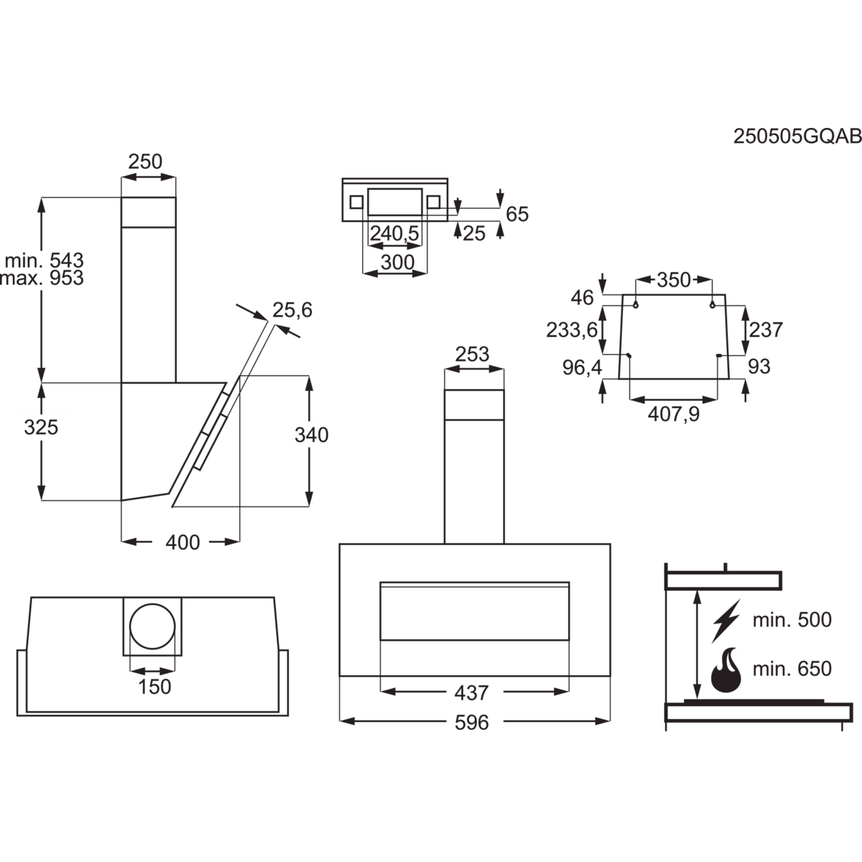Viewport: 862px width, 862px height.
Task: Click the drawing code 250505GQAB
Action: click(x=797, y=136)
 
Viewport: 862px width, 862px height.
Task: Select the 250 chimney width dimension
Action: click(x=145, y=162)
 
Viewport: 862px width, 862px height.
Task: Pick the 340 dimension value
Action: click(x=311, y=435)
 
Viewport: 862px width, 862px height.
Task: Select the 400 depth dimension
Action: click(x=182, y=542)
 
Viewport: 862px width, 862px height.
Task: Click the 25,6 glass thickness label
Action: click(x=292, y=310)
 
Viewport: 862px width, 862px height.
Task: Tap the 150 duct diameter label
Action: click(x=154, y=687)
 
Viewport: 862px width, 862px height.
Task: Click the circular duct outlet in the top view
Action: click(x=153, y=626)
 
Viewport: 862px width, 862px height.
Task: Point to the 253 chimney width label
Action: click(x=472, y=354)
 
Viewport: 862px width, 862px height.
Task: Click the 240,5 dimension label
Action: click(x=394, y=233)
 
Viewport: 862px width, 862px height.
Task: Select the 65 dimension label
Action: click(x=517, y=214)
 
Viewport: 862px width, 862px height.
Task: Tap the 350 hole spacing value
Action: click(x=674, y=280)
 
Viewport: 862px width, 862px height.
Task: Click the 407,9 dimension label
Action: click(x=674, y=414)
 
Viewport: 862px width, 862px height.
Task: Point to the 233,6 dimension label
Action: click(x=572, y=330)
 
